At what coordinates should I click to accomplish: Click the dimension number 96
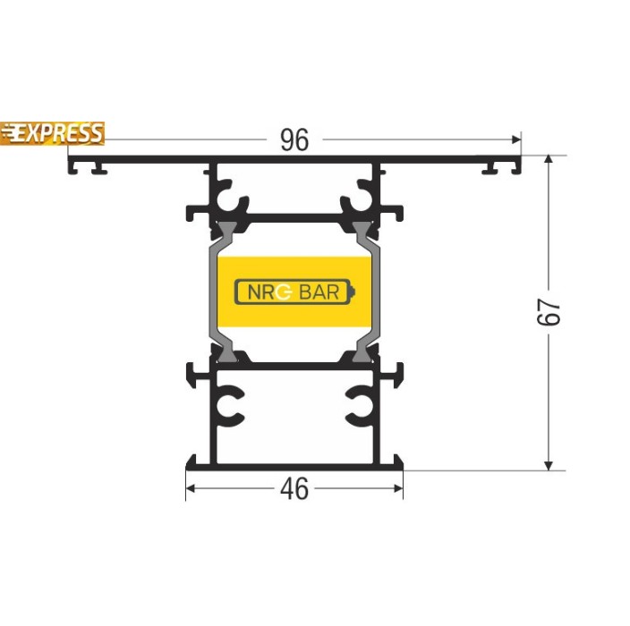coord(294,140)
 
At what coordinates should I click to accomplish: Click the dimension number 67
coord(549,311)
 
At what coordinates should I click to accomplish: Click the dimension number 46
coord(294,488)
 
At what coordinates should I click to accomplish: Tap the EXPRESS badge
coord(52,133)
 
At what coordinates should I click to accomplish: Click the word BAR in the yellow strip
coord(319,292)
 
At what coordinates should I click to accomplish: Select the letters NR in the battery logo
coord(261,292)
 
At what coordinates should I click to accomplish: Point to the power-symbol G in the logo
coord(284,292)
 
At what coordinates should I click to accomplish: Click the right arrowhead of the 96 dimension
coord(516,140)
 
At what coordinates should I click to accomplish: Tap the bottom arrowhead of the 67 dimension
coord(549,465)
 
